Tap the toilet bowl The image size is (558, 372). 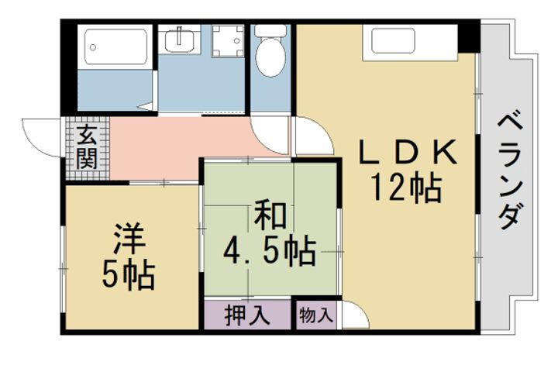tap(270, 59)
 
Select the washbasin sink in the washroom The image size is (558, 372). tap(179, 40)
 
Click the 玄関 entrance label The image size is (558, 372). tap(86, 149)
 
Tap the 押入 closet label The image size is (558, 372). tap(247, 315)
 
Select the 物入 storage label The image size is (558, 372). tap(315, 315)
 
